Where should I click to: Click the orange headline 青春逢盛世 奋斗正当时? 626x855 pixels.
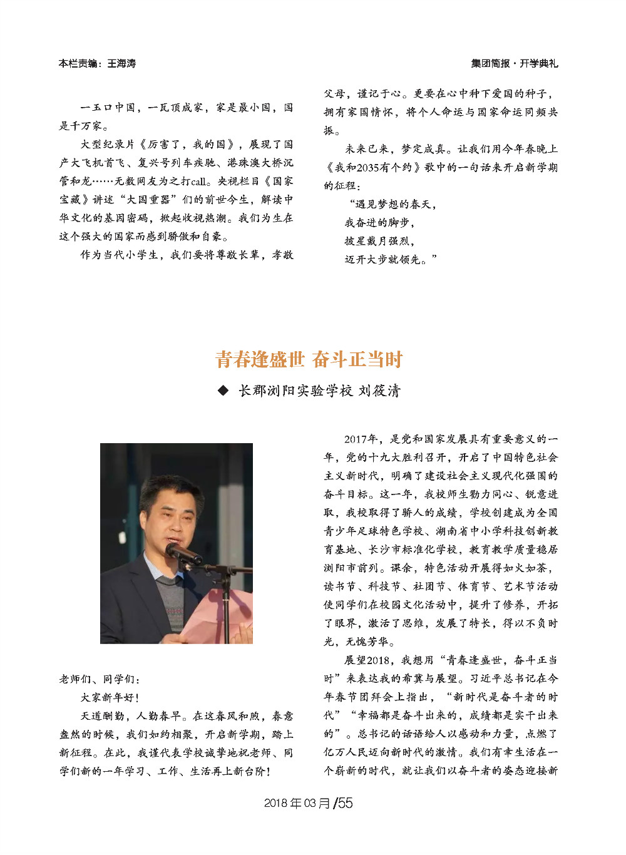click(309, 359)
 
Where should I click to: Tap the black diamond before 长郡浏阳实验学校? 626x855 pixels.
click(223, 391)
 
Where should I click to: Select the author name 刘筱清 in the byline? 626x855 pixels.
click(379, 391)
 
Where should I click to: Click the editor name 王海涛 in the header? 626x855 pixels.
click(121, 63)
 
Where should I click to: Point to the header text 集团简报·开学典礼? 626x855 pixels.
click(514, 63)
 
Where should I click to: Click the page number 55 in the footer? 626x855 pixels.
click(346, 803)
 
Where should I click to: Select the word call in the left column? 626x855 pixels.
click(198, 182)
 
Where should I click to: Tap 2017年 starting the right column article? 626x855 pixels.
click(361, 439)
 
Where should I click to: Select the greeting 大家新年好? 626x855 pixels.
click(110, 697)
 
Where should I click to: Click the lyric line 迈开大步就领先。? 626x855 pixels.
click(391, 259)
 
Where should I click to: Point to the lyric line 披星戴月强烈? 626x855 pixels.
click(379, 241)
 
